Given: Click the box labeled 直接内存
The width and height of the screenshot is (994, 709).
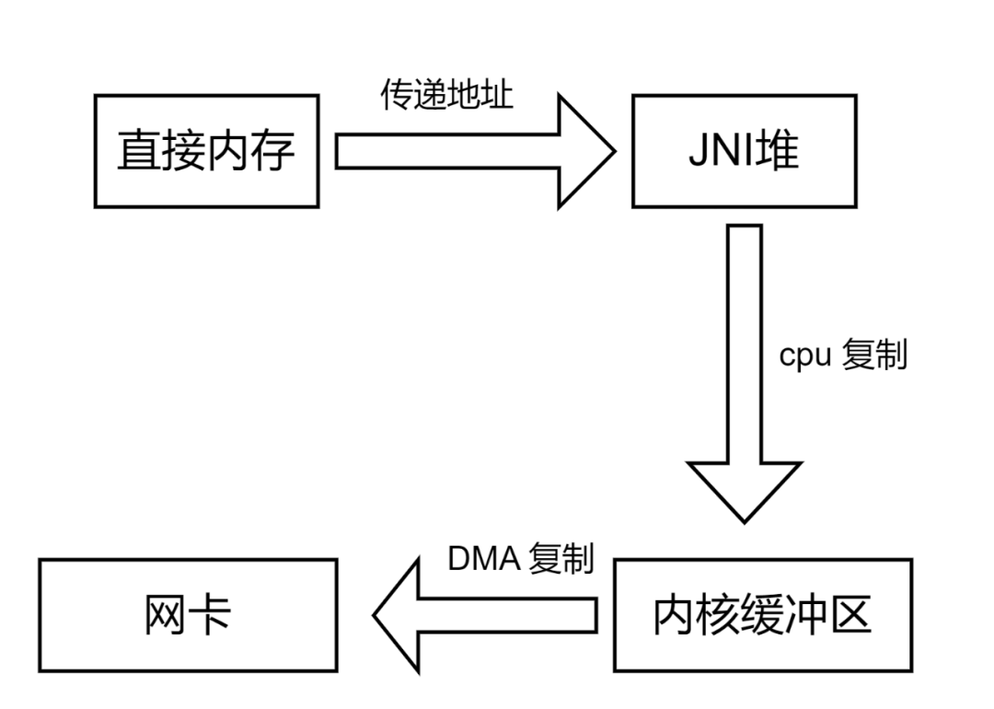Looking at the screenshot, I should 206,150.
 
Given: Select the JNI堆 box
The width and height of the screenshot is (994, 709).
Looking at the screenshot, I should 744,150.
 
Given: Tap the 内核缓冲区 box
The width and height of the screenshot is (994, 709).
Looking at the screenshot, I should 762,614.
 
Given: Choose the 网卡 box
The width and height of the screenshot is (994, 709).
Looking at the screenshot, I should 188,614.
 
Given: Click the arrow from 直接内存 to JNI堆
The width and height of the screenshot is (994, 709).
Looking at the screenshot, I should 460,150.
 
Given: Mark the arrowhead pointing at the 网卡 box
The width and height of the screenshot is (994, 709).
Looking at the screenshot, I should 399,614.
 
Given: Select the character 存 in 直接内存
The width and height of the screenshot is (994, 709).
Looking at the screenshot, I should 273,150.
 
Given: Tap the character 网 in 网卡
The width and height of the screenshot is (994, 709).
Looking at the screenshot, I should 166,614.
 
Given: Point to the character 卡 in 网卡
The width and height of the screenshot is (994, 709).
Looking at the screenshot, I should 211,614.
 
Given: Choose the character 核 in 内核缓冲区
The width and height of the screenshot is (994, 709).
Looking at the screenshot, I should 718,614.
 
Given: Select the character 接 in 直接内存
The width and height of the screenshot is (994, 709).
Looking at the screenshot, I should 184,150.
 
